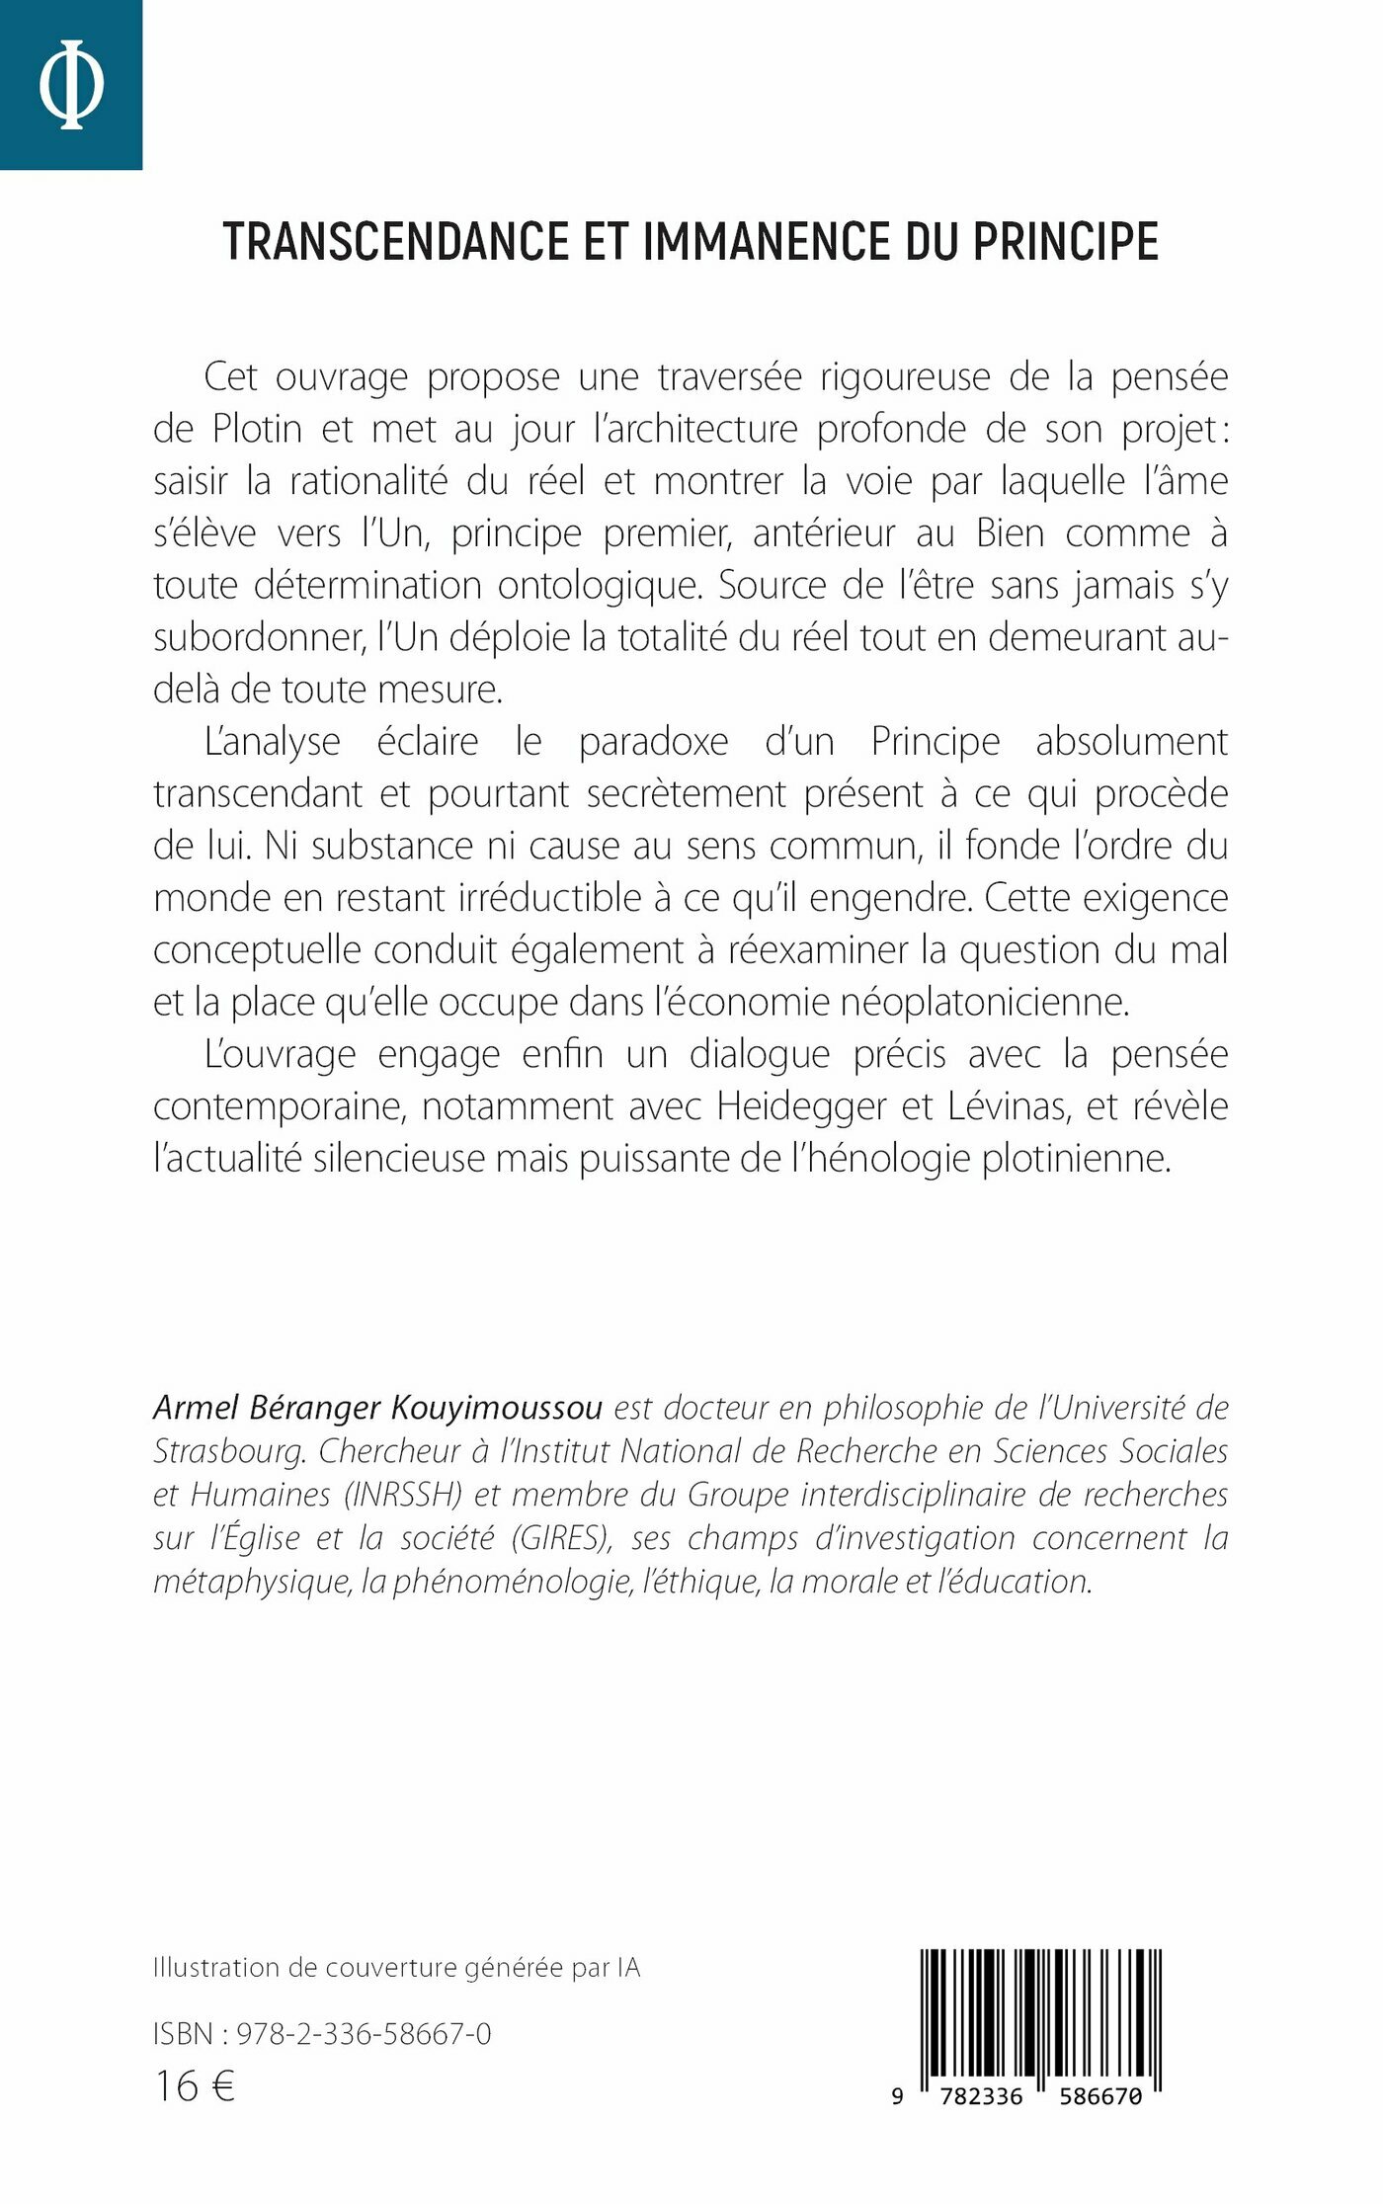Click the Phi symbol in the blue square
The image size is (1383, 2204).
click(71, 84)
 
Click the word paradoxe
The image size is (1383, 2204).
click(653, 742)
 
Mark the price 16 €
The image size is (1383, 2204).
click(195, 2086)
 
